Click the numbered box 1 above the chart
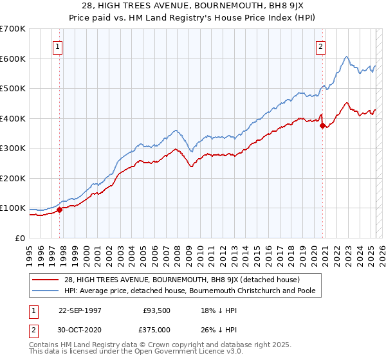(x=58, y=46)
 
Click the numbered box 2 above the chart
(x=320, y=46)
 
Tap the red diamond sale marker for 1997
(x=59, y=210)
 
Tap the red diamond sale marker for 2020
(x=322, y=126)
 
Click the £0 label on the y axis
(x=21, y=238)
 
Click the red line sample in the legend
(x=46, y=279)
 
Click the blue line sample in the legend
(x=46, y=291)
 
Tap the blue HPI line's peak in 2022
(x=346, y=57)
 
